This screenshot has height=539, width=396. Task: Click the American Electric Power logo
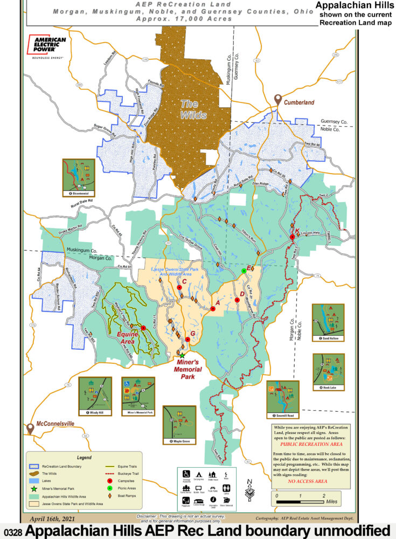tap(47, 47)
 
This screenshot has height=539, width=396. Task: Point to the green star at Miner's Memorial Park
tap(182, 356)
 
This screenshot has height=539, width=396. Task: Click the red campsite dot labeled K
tap(292, 237)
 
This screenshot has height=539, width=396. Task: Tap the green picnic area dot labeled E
tap(244, 271)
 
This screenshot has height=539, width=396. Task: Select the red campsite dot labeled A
tap(213, 309)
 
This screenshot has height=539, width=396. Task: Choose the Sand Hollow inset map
tap(328, 321)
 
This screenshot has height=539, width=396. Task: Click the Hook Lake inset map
tap(328, 372)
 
